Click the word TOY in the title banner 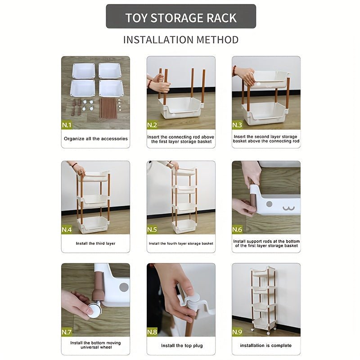tap(136, 18)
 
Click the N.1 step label tap(67, 125)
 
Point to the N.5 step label tap(152, 229)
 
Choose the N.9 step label tap(237, 332)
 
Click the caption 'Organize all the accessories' tap(96, 139)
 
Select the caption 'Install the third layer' tap(95, 243)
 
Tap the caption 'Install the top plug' tap(182, 346)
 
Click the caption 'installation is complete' tap(266, 345)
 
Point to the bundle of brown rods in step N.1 tap(108, 108)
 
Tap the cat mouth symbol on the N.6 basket tap(288, 208)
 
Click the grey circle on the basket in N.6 tap(269, 204)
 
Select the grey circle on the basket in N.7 tap(124, 287)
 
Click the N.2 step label tap(152, 125)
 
